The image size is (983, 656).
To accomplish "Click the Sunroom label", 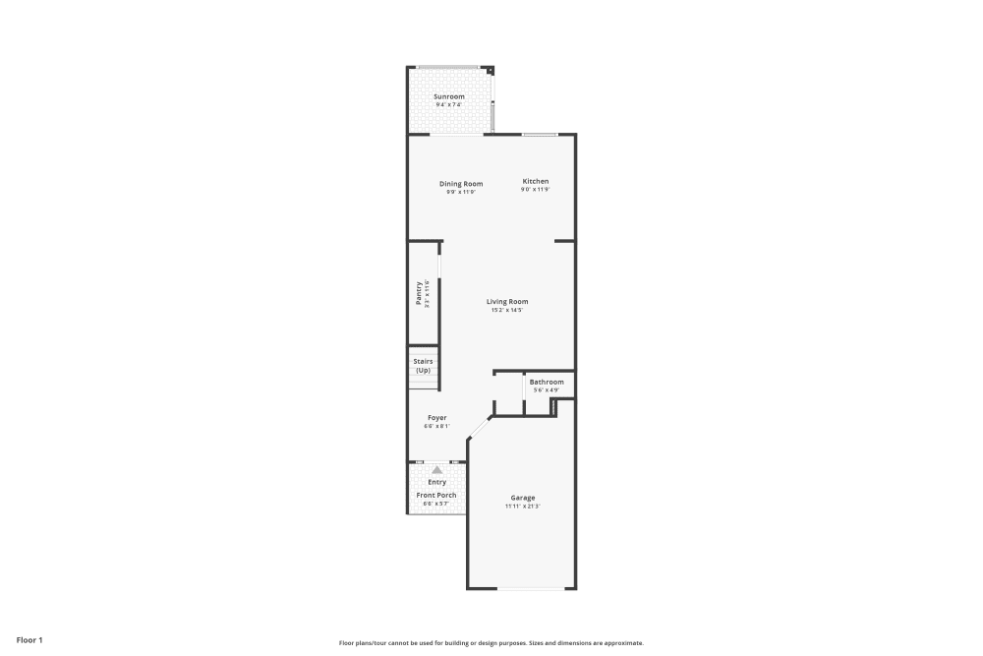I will tap(449, 96).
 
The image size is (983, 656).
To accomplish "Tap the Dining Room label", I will tap(461, 183).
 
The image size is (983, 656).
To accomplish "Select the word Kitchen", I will tap(535, 181).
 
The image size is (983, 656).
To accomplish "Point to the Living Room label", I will tap(507, 302).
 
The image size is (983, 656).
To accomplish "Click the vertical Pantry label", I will tap(419, 293).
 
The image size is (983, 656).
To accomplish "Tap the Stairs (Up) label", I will tap(423, 366).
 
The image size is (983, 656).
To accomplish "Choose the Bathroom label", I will tap(547, 382).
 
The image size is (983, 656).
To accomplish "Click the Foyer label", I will tap(436, 418).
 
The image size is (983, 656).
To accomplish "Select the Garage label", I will tap(522, 498).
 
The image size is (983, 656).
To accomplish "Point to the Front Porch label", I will tap(436, 495).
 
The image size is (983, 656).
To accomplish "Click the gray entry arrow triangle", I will tap(436, 470).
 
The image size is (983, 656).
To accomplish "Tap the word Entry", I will tap(436, 482).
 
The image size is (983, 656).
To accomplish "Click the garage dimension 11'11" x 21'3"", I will tap(522, 507).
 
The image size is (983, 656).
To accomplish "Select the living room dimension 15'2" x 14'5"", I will tap(507, 311).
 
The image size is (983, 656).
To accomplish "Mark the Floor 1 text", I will tap(29, 640).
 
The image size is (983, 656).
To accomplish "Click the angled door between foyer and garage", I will tap(479, 425).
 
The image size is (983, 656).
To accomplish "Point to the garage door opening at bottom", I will tap(532, 588).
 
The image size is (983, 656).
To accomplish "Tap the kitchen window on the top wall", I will tap(540, 134).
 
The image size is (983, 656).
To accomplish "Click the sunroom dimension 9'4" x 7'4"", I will tap(449, 105).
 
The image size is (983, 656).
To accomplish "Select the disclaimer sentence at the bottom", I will tap(491, 642).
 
